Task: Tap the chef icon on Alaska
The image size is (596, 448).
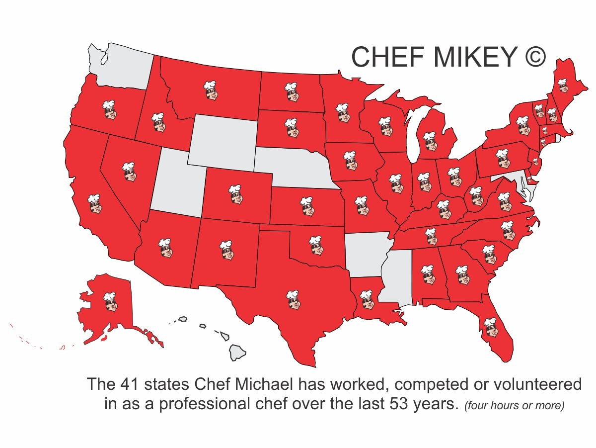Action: click(x=110, y=301)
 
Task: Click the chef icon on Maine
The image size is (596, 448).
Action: click(x=563, y=85)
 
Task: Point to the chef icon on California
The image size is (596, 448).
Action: click(x=94, y=204)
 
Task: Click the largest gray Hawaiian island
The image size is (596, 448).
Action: click(x=238, y=353)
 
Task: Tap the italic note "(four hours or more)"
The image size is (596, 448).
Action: click(x=515, y=406)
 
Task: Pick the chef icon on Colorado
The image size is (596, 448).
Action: click(x=234, y=194)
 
